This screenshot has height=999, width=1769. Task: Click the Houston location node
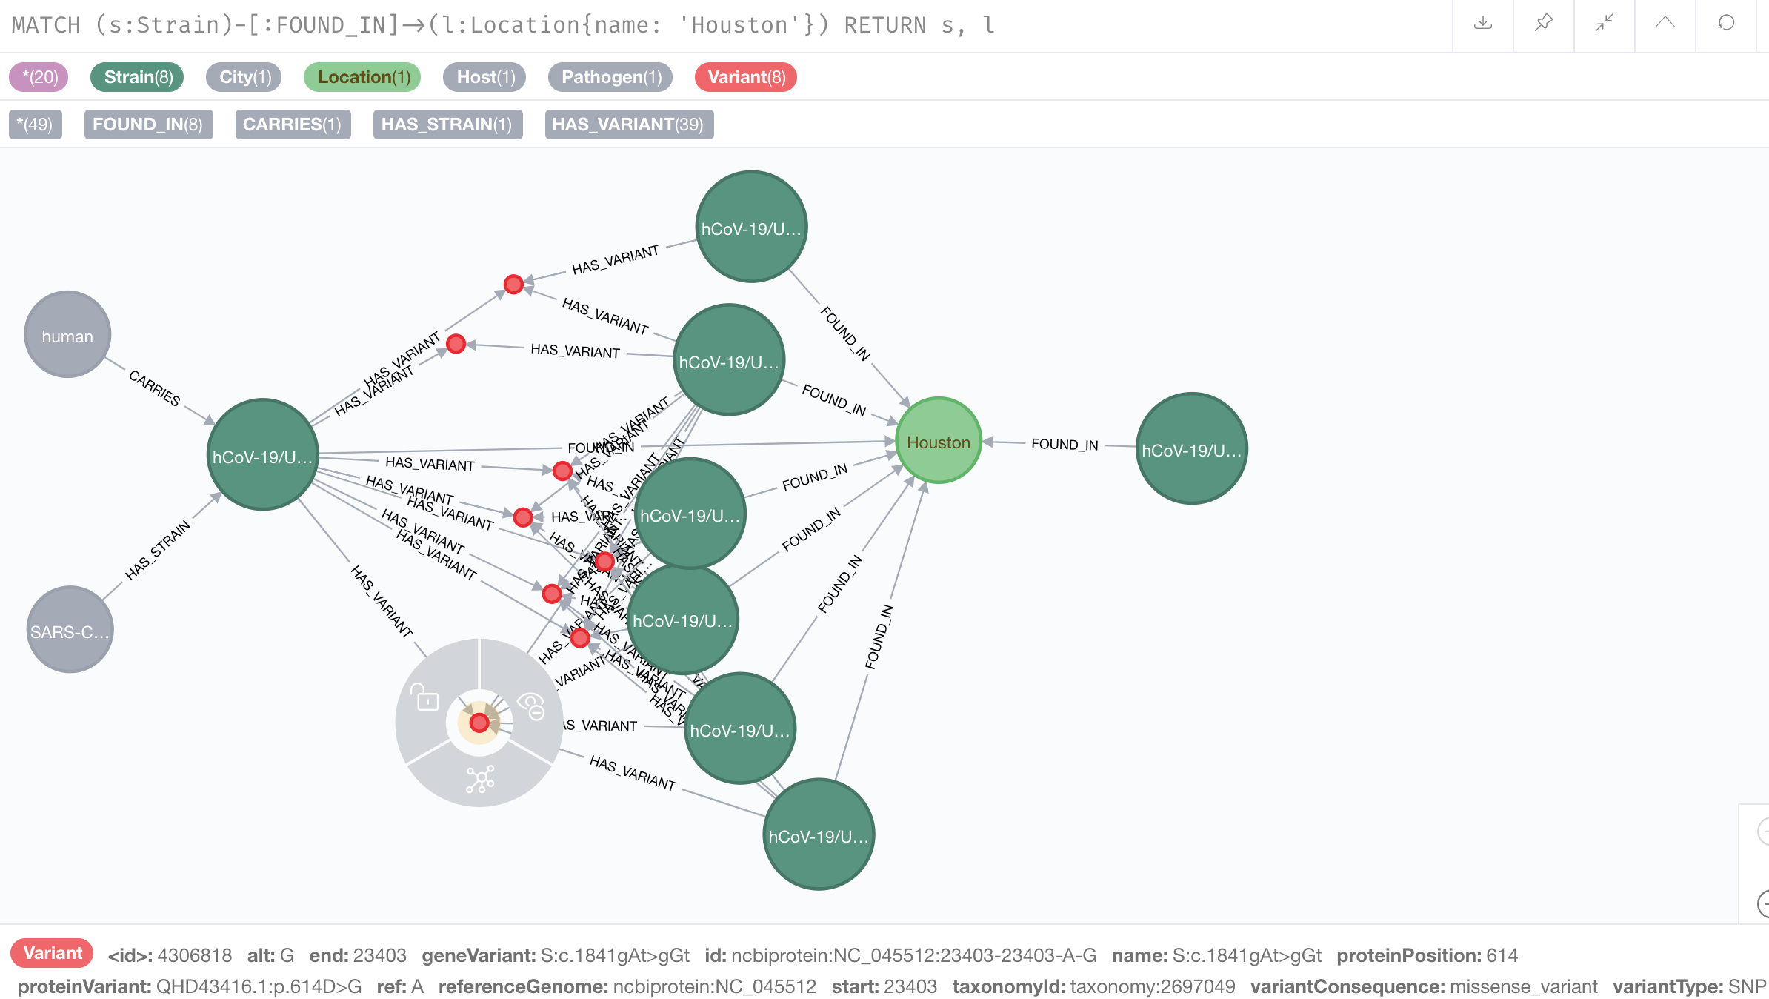938,442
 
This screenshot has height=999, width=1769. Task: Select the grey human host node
67,336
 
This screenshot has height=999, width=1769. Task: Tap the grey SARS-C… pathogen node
70,631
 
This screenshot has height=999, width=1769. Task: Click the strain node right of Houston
1191,449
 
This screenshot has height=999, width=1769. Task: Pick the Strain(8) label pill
138,77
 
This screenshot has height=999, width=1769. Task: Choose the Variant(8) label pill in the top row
746,77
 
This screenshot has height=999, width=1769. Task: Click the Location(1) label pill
363,77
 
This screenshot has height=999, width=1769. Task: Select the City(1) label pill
244,77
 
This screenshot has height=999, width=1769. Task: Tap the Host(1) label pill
485,77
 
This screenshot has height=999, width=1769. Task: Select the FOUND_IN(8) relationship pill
148,125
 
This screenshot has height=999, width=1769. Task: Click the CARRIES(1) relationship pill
293,125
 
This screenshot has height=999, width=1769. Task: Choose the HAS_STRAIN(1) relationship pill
447,125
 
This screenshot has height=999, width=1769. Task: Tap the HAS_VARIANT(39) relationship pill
628,125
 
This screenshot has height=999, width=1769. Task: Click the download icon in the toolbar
1483,24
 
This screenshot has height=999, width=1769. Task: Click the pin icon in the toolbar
1544,24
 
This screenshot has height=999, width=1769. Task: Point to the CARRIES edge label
155,388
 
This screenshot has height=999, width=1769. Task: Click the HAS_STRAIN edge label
158,549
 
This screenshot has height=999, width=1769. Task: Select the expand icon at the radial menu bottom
480,779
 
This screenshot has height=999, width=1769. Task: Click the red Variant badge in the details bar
52,953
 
